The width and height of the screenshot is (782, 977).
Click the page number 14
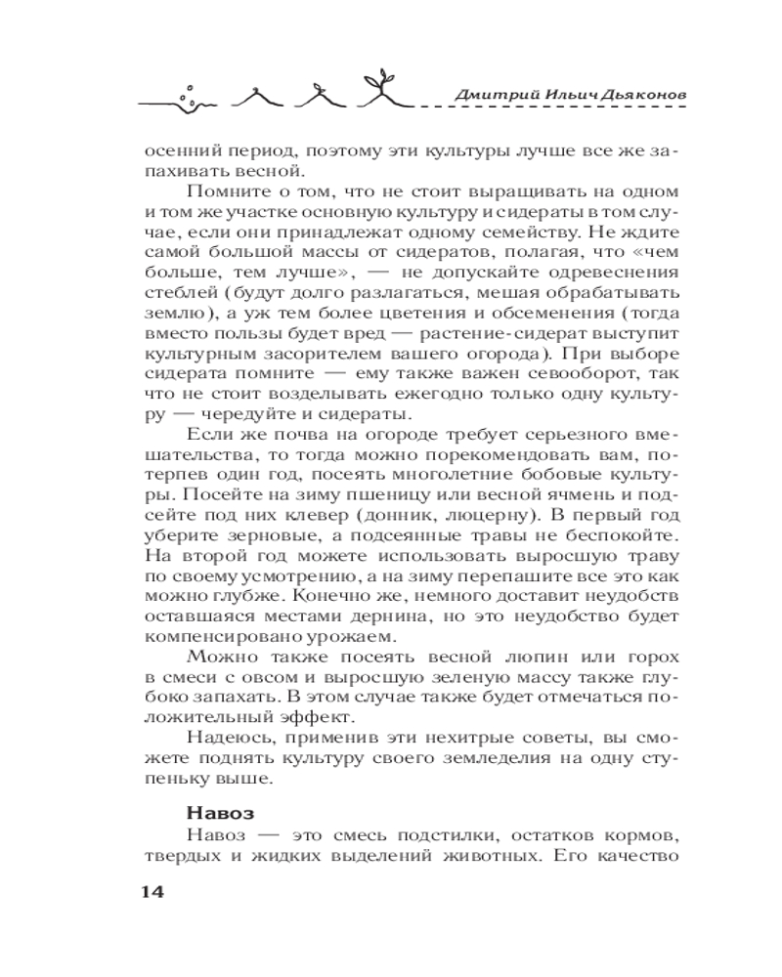(x=155, y=892)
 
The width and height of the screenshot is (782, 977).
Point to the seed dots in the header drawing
(x=191, y=91)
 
